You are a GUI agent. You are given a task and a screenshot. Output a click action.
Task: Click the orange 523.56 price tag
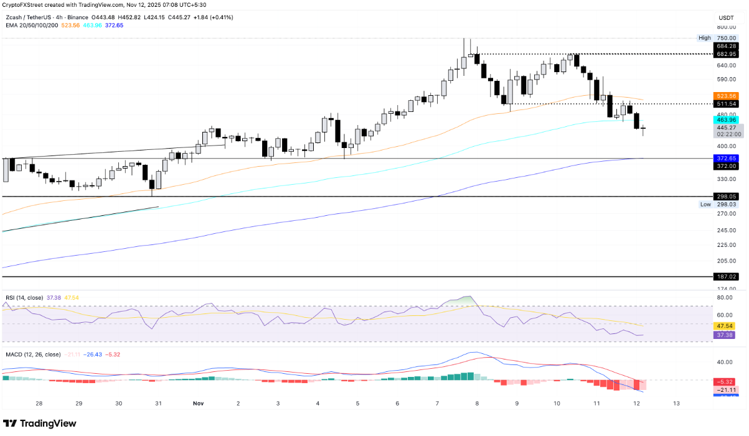pos(727,96)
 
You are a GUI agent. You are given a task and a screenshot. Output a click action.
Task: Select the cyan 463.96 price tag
pos(727,119)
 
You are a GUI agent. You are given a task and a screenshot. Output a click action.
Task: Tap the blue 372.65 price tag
pos(727,159)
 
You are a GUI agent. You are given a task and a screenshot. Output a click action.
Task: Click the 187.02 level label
pos(727,276)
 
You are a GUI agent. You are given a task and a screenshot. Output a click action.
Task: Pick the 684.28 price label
pos(727,46)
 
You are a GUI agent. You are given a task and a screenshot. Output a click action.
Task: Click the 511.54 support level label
pos(727,104)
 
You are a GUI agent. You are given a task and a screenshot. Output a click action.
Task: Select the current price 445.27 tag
pos(727,127)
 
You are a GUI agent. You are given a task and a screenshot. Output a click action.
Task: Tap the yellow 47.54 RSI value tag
pos(726,325)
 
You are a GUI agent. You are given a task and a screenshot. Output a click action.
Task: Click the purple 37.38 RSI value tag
pos(726,335)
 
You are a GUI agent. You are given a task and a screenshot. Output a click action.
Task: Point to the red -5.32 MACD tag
pos(726,381)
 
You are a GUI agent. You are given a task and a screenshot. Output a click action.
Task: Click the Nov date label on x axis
pos(198,403)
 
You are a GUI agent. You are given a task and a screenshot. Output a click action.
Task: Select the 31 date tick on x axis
pos(159,403)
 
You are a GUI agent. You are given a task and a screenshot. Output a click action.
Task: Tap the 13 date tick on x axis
pos(676,403)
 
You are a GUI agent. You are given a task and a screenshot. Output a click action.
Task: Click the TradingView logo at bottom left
pos(40,424)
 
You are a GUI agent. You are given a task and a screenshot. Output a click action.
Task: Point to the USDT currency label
pos(726,18)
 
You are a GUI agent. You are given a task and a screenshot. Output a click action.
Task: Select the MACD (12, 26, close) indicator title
pos(32,355)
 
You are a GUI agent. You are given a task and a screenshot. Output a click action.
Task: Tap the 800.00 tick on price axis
pos(726,27)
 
